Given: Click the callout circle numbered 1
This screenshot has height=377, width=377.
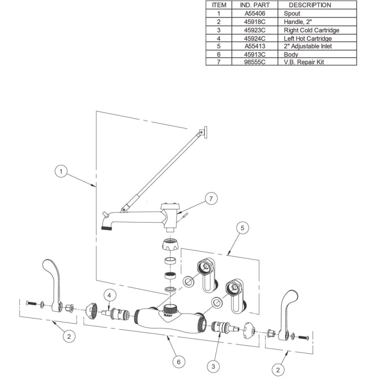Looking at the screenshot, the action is [x=61, y=171].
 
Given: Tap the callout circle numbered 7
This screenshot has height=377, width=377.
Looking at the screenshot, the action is [x=211, y=199].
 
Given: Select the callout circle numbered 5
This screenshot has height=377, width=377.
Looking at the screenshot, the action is [x=243, y=228].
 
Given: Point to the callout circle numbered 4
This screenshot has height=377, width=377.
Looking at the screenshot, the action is [x=109, y=295].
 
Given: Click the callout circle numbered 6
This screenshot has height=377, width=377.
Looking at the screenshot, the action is [x=178, y=362].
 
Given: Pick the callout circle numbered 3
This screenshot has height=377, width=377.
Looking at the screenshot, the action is [x=213, y=367].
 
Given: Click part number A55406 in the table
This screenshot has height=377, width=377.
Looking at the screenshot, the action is [x=255, y=13].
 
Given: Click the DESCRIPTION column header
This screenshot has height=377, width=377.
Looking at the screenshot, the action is [x=310, y=5].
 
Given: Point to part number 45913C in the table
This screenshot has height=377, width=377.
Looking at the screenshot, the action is [x=255, y=54].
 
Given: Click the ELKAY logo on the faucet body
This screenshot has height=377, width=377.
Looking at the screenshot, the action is [x=168, y=315].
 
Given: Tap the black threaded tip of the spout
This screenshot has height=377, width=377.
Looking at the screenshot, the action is [x=106, y=228].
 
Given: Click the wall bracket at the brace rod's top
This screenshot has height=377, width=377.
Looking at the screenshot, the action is [x=204, y=132].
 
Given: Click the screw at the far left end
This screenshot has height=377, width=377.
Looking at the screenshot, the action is [x=31, y=303].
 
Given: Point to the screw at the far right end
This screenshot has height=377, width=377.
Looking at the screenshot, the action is [x=303, y=338].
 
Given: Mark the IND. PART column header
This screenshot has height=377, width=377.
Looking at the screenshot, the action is [x=255, y=5].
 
